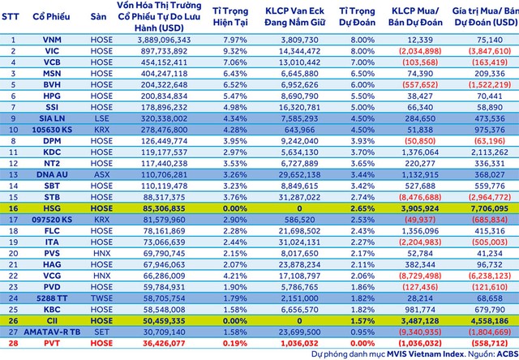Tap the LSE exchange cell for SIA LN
coord(98,118)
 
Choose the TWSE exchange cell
coord(98,298)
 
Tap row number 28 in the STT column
coord(13,342)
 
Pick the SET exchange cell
coord(98,331)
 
